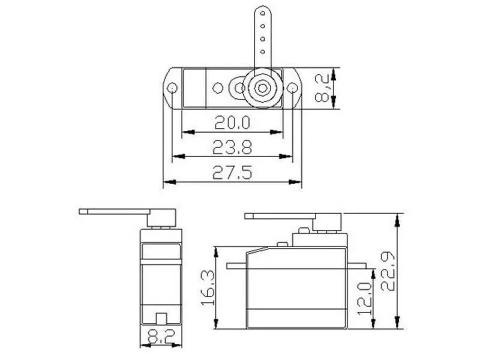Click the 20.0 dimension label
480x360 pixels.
[232, 122]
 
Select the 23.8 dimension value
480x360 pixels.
[232, 147]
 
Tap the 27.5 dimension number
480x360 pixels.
[232, 172]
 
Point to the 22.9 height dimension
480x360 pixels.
[388, 271]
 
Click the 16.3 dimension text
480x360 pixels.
[208, 287]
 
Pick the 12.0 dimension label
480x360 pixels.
[364, 298]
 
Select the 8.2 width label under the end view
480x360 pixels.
[161, 336]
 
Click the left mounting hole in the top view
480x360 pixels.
[172, 89]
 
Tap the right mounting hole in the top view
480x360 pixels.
[293, 89]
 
